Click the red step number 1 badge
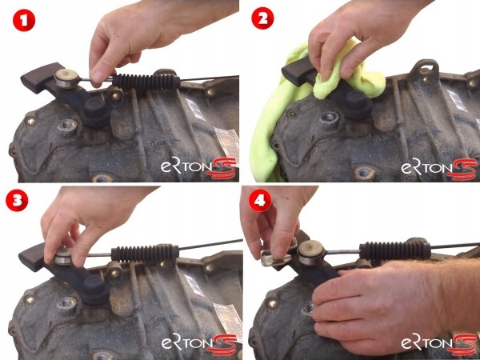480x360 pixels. pyautogui.click(x=24, y=20)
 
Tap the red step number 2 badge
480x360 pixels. pyautogui.click(x=262, y=18)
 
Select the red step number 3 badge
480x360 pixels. pyautogui.click(x=17, y=200)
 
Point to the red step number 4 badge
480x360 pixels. pyautogui.click(x=260, y=201)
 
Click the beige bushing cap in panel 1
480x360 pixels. pyautogui.click(x=66, y=78)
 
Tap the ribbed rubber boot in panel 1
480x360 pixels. pyautogui.click(x=146, y=82)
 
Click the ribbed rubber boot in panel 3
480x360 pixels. pyautogui.click(x=145, y=254)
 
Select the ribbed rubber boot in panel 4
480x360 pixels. pyautogui.click(x=395, y=250)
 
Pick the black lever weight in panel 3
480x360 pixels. pyautogui.click(x=33, y=257)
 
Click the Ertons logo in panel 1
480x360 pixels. pyautogui.click(x=199, y=168)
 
